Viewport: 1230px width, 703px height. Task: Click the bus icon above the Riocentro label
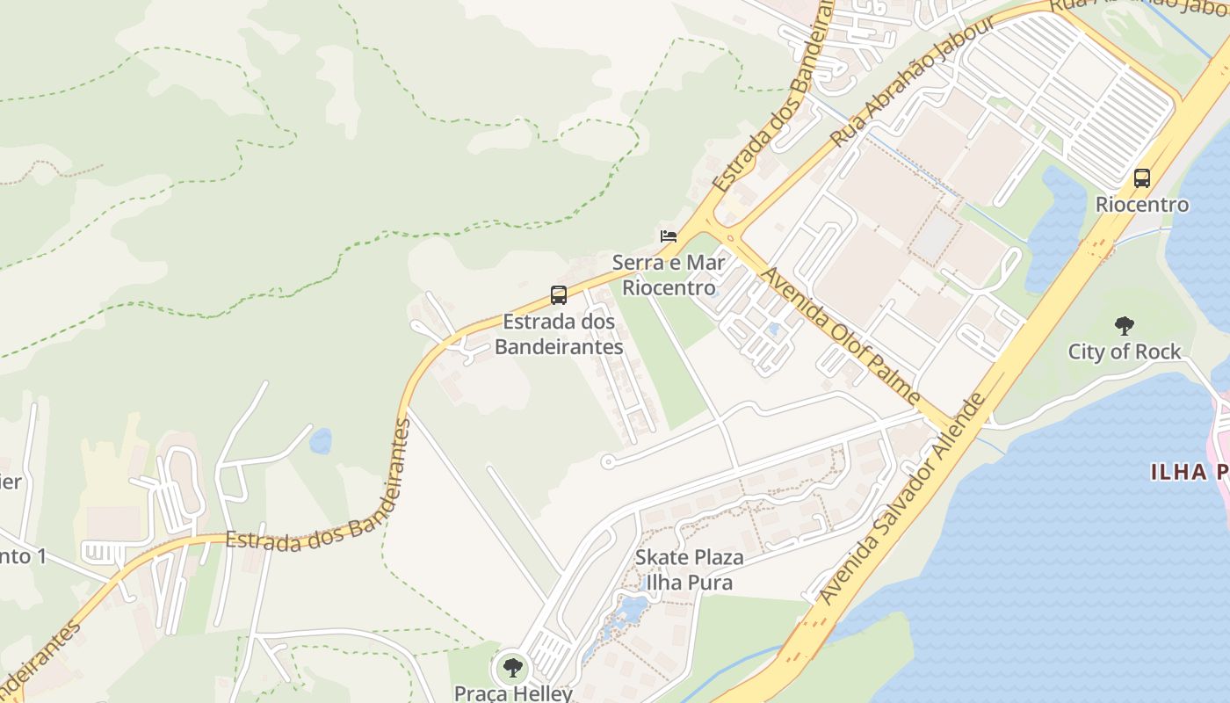pyautogui.click(x=1142, y=178)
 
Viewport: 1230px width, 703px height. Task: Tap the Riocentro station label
pyautogui.click(x=1142, y=205)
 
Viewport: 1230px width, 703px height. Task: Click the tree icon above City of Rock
pyautogui.click(x=1124, y=326)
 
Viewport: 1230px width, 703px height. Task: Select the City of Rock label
pyautogui.click(x=1125, y=351)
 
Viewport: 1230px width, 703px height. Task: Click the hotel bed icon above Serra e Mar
pyautogui.click(x=669, y=236)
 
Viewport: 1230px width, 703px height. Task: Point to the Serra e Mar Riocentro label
pyautogui.click(x=669, y=274)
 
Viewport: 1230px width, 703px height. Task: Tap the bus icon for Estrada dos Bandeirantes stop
pyautogui.click(x=559, y=295)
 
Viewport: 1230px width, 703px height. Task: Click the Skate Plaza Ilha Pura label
pyautogui.click(x=689, y=569)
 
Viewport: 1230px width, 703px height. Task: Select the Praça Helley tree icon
pyautogui.click(x=512, y=668)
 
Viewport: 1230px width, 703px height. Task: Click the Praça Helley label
pyautogui.click(x=513, y=692)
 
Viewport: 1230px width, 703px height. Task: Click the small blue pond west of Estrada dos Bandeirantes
pyautogui.click(x=321, y=440)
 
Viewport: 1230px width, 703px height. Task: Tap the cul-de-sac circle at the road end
pyautogui.click(x=607, y=461)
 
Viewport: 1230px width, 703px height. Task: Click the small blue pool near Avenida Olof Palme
pyautogui.click(x=773, y=330)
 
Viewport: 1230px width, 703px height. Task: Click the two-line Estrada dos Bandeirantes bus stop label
pyautogui.click(x=559, y=335)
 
